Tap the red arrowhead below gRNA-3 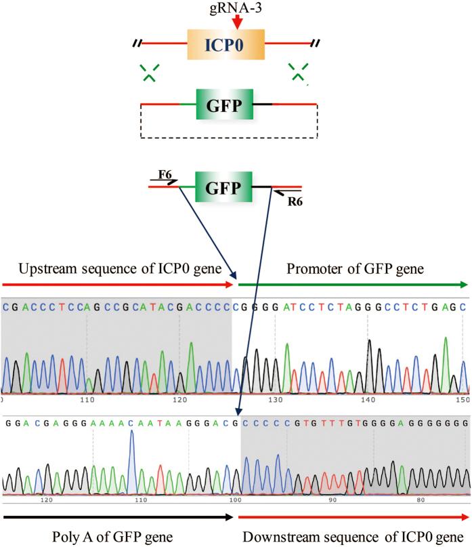tap(236, 24)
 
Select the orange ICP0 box tap(226, 45)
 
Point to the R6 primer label tap(289, 201)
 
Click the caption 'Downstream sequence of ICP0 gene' tap(355, 537)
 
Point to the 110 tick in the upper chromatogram tap(86, 401)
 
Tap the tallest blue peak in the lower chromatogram tap(131, 434)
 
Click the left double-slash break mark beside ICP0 tap(137, 45)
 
